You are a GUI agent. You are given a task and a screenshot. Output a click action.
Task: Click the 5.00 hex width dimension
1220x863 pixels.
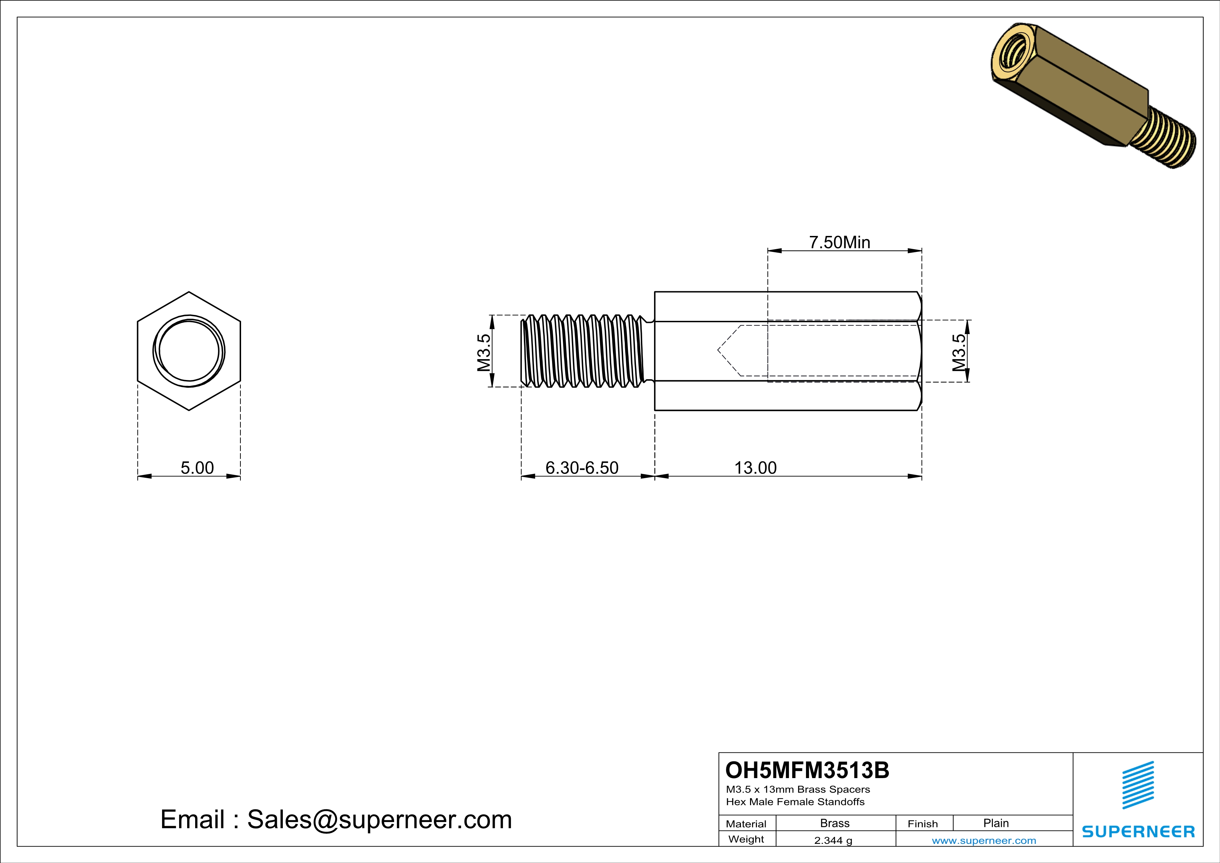tap(197, 468)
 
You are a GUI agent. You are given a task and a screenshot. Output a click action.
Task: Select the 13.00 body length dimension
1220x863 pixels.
tap(755, 468)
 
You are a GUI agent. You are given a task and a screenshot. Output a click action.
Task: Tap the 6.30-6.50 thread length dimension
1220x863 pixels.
tap(582, 468)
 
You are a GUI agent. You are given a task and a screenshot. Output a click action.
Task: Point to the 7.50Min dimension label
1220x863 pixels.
tap(839, 242)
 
